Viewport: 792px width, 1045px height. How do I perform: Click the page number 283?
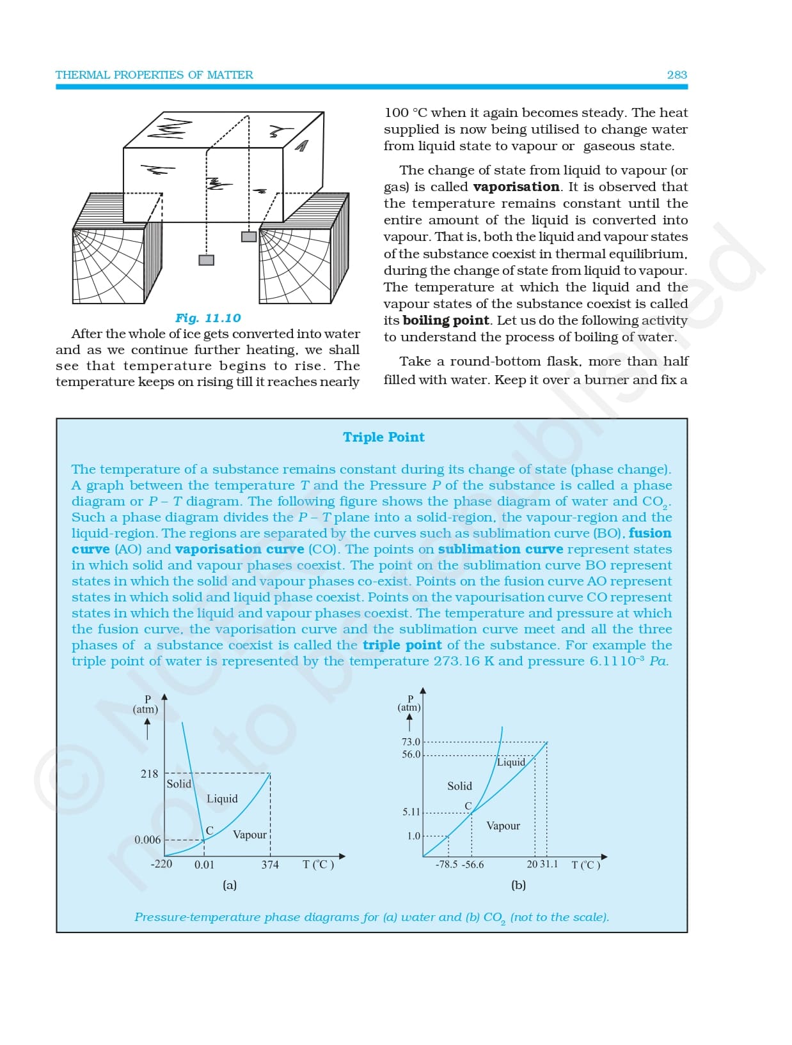[676, 75]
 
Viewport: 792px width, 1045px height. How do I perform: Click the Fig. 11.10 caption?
[208, 318]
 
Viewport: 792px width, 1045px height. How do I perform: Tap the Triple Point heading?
[383, 437]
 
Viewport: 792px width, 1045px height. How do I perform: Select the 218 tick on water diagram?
[149, 774]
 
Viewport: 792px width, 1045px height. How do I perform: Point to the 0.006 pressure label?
[147, 840]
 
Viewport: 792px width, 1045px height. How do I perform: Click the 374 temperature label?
[270, 865]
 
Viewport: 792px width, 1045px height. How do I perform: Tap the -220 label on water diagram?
[161, 864]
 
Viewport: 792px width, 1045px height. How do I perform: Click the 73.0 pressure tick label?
[411, 742]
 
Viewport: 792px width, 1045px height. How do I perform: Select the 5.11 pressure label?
[411, 812]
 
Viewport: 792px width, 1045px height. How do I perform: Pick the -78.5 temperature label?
[447, 865]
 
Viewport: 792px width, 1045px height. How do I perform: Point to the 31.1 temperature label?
[549, 864]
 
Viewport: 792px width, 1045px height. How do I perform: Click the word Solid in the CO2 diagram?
[459, 786]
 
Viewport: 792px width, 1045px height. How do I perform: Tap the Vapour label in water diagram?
[249, 835]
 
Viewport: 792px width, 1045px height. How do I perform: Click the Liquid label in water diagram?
[222, 799]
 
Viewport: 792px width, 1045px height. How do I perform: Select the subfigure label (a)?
[230, 885]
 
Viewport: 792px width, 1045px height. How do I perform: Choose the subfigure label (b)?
[518, 885]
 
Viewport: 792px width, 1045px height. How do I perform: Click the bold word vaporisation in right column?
[516, 187]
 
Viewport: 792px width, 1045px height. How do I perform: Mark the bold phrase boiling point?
[446, 320]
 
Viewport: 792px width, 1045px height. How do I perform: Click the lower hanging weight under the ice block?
[206, 260]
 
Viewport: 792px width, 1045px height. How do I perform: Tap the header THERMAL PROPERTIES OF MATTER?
[154, 75]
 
